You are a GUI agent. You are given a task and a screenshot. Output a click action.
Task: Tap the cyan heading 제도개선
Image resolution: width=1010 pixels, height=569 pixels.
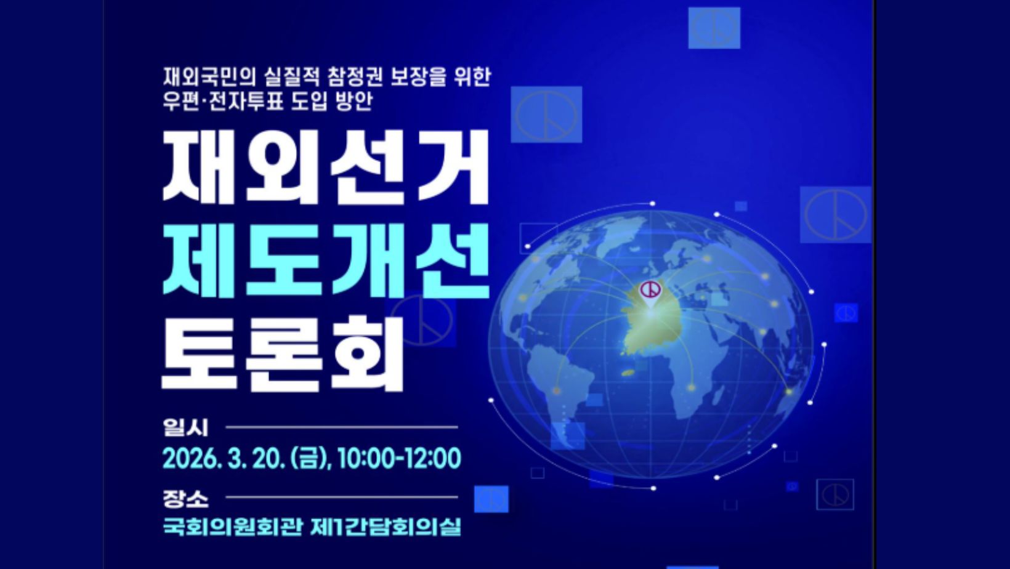[326, 260]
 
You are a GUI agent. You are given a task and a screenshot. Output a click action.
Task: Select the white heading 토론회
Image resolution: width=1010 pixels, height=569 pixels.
[282, 355]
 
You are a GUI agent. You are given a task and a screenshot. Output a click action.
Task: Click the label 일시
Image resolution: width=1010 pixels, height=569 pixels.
[185, 427]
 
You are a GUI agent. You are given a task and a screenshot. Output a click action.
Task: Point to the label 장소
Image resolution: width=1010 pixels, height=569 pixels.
[185, 498]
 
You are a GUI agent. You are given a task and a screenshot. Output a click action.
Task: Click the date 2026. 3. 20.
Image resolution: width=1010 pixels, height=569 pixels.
[223, 459]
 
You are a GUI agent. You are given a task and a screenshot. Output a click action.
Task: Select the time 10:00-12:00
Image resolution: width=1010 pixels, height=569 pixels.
[398, 459]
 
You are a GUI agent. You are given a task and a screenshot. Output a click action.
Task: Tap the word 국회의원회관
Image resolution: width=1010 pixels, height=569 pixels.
[232, 527]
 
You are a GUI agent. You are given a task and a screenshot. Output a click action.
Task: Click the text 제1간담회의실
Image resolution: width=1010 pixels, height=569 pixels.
[386, 527]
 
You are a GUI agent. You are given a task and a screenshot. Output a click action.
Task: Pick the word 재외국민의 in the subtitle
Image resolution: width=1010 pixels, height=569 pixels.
[209, 77]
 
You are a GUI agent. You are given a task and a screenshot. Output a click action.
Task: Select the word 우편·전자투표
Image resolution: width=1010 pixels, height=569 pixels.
[223, 101]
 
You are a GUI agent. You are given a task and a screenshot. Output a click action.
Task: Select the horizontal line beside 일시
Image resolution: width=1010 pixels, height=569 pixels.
[342, 427]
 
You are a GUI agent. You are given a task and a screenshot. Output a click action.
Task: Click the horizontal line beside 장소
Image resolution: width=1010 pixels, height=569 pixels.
[342, 498]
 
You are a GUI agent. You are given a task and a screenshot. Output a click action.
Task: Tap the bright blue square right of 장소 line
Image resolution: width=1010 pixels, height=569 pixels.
[491, 499]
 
